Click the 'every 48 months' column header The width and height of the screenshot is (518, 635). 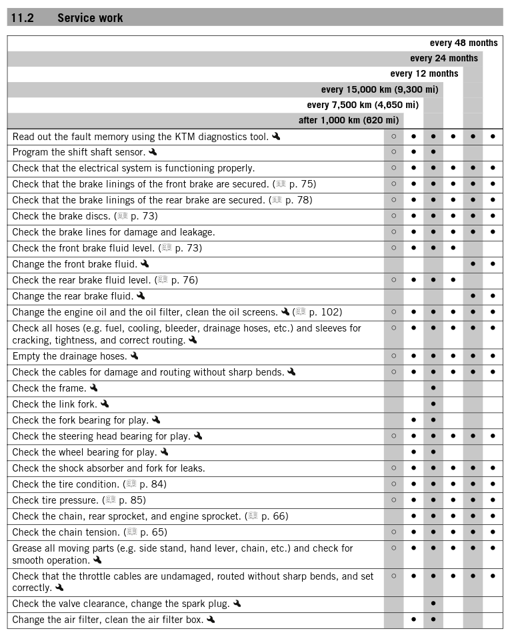(463, 43)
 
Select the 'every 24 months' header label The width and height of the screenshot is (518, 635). (443, 58)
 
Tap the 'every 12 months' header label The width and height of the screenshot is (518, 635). (424, 73)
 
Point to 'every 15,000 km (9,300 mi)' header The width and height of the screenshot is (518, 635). (379, 89)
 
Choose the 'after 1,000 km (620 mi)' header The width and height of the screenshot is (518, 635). (349, 120)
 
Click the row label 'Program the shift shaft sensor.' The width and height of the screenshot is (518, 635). (79, 152)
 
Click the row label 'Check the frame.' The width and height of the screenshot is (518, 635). (49, 388)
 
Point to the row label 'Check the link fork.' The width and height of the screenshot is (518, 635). (55, 404)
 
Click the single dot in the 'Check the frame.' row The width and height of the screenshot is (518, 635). (433, 388)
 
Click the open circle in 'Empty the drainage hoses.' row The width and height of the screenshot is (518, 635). (394, 356)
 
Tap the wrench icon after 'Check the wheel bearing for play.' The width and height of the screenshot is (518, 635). (165, 452)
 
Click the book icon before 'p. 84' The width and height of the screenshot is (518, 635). (131, 484)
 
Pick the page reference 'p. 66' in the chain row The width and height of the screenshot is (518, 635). (275, 516)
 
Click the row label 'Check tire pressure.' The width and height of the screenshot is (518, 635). (55, 500)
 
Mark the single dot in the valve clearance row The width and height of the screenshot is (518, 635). (433, 604)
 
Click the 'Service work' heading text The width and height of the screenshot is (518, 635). (90, 18)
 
